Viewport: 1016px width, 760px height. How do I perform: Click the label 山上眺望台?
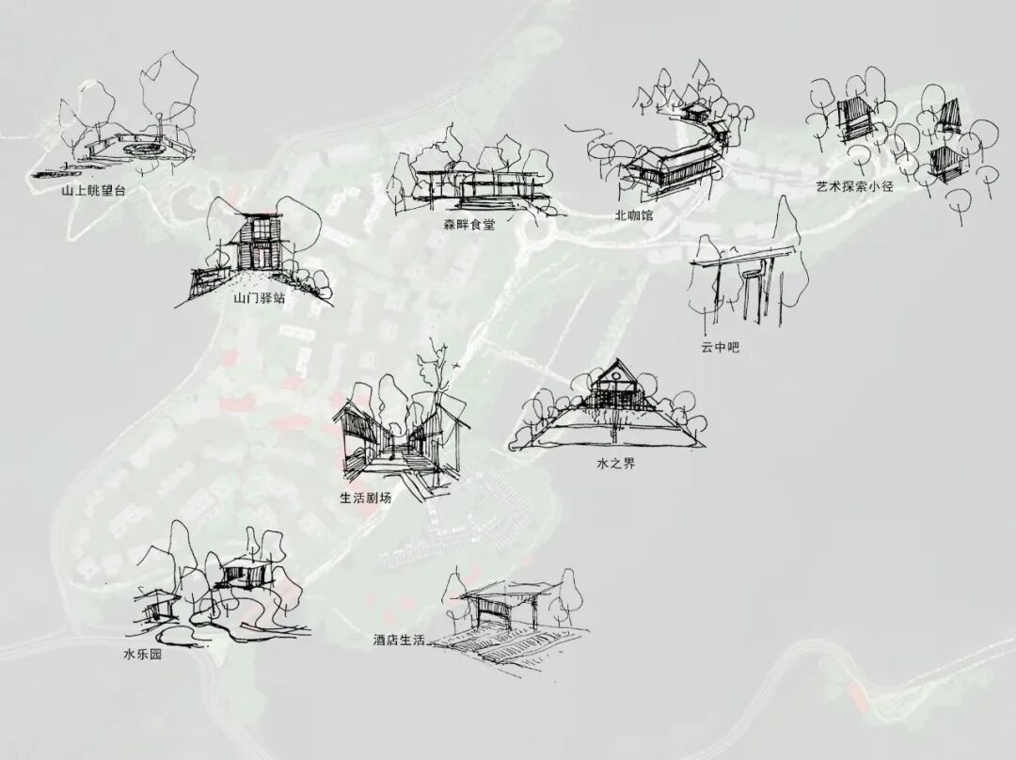coord(92,189)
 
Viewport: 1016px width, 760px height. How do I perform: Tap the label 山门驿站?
coord(260,298)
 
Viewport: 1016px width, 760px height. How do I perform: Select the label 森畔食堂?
coord(468,225)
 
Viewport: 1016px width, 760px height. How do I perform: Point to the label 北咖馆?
coord(633,215)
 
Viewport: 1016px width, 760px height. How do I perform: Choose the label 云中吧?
coord(720,347)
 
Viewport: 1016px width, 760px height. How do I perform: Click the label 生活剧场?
coord(365,498)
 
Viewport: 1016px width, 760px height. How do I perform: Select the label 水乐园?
coord(142,654)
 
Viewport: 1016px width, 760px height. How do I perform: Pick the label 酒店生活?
coord(399,641)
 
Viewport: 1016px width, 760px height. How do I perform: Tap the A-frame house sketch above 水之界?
coord(612,386)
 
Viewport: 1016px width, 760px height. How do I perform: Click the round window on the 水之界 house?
coord(612,382)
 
